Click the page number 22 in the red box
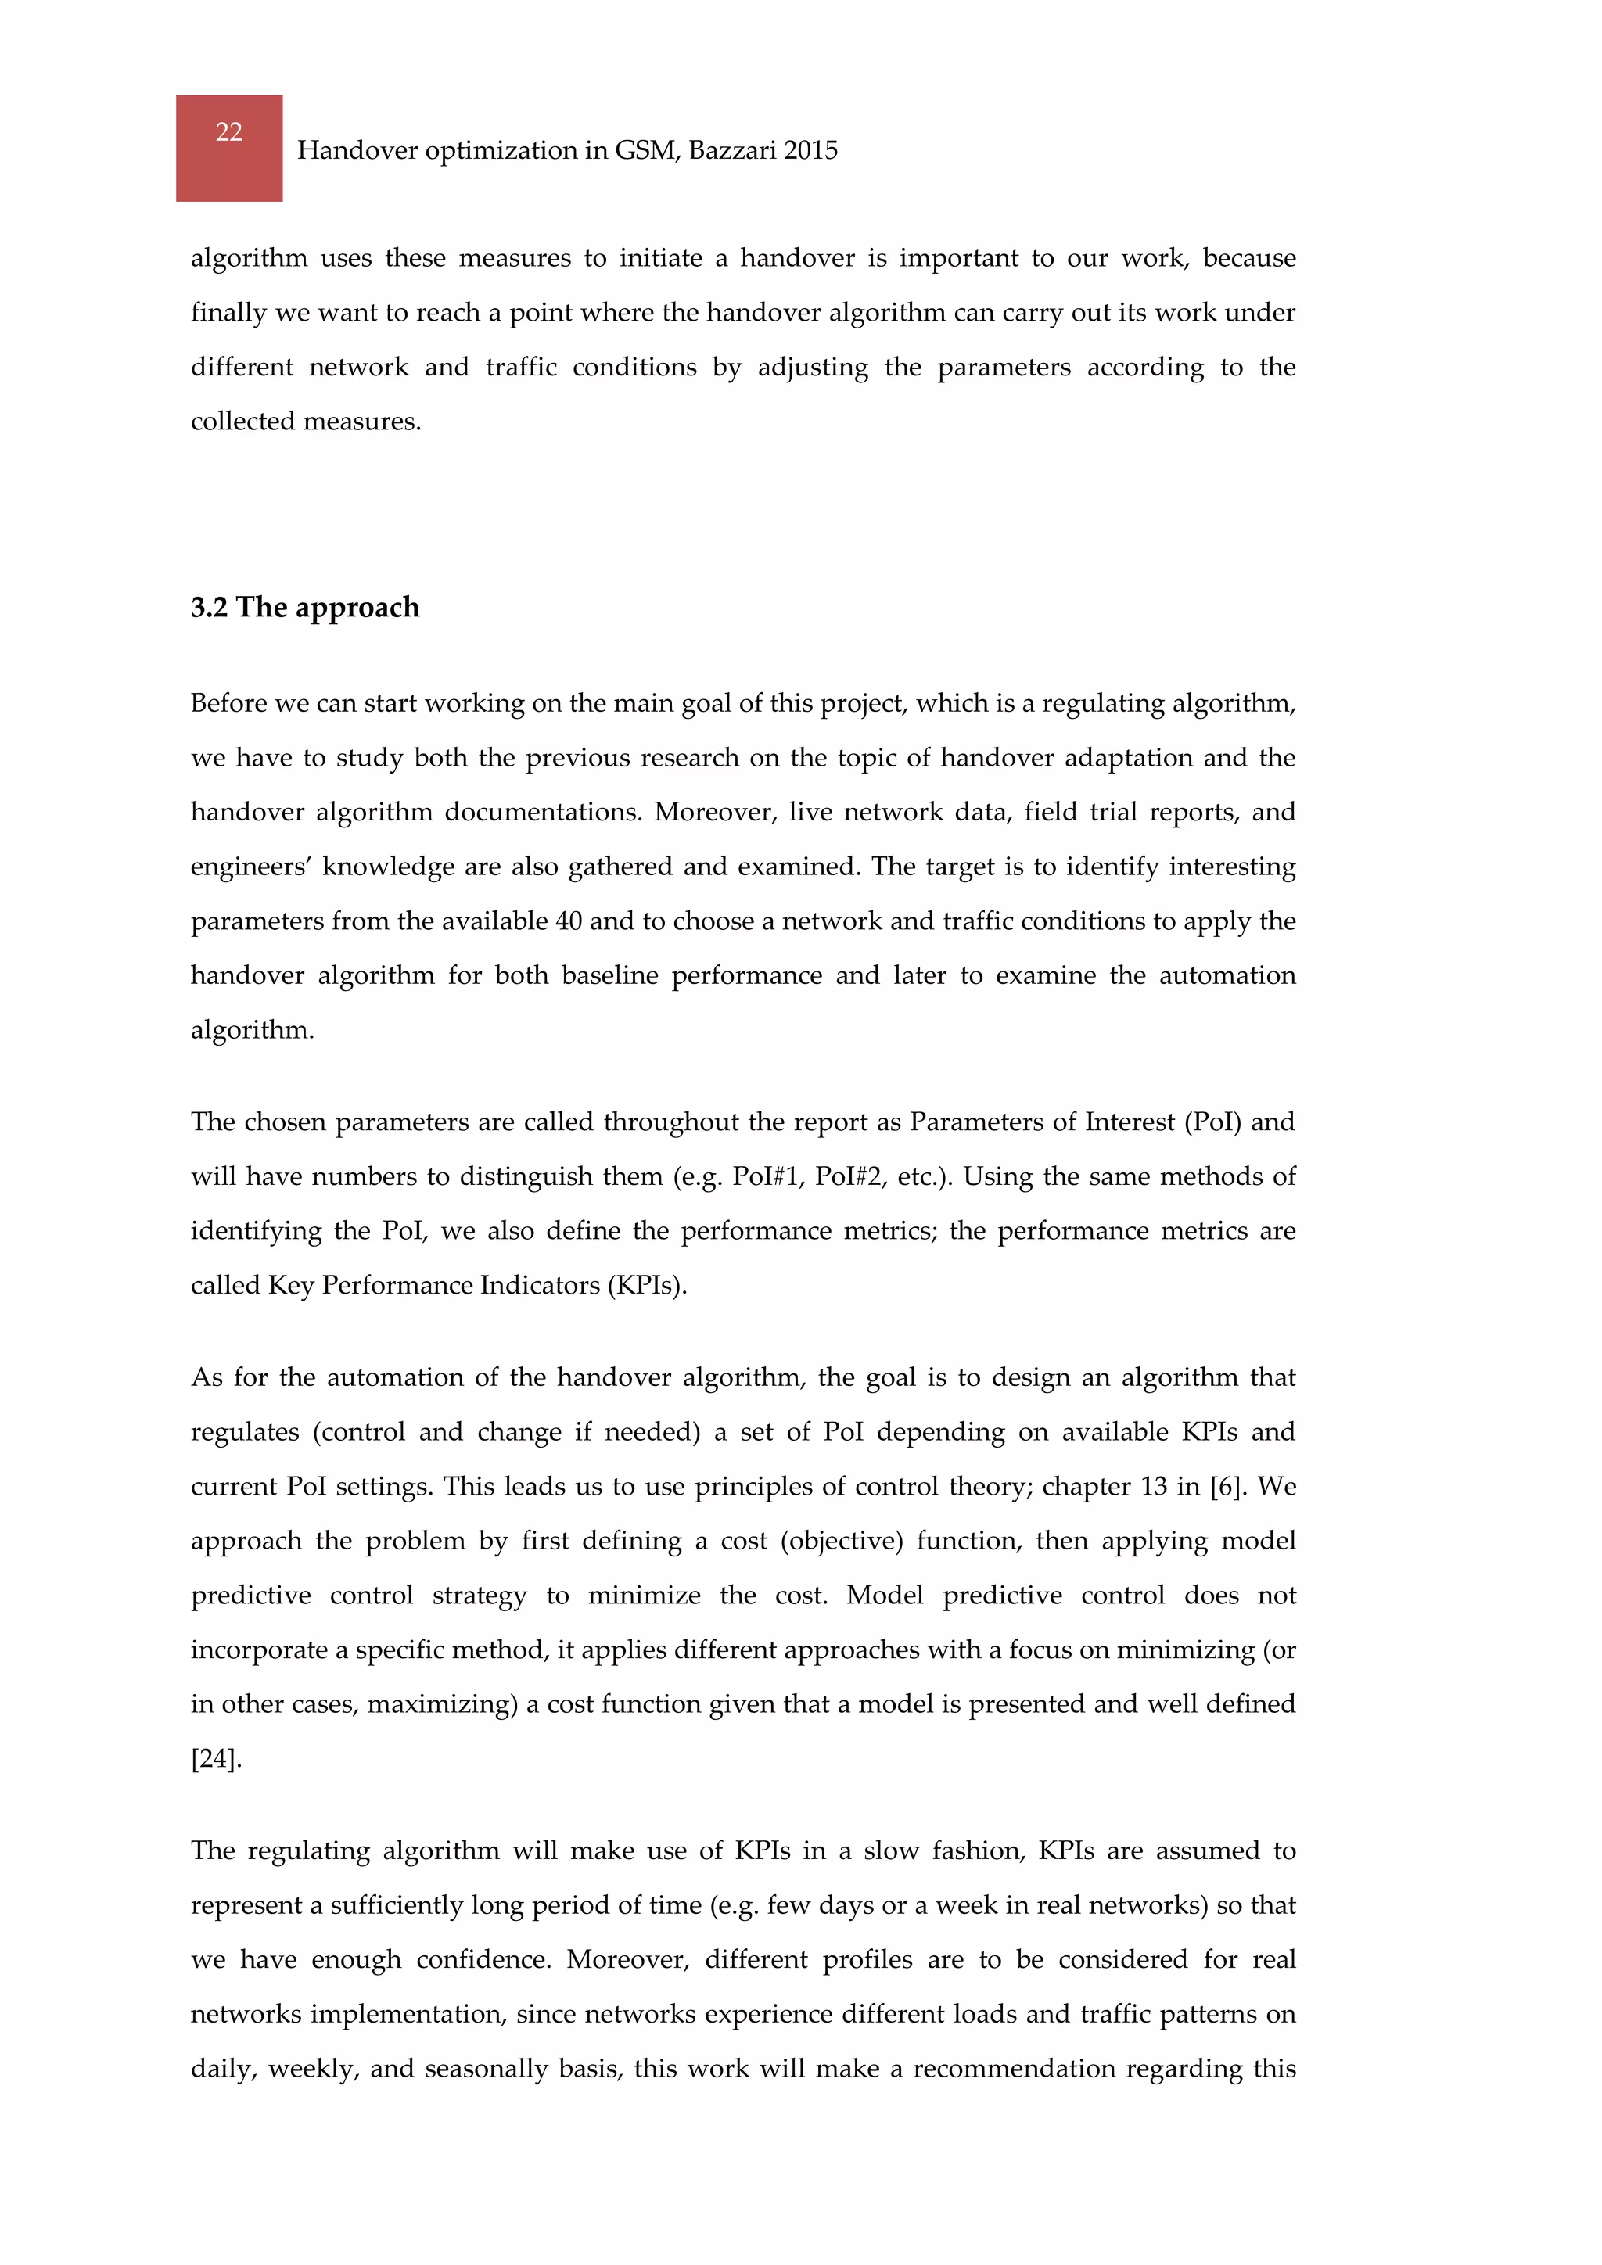pos(229,132)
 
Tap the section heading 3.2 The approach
pos(305,607)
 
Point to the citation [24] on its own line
pos(216,1758)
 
